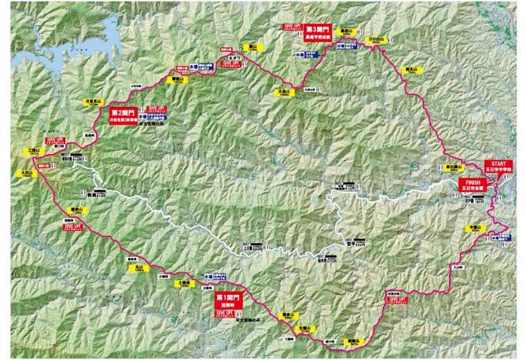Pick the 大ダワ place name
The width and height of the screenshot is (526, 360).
point(234,58)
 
